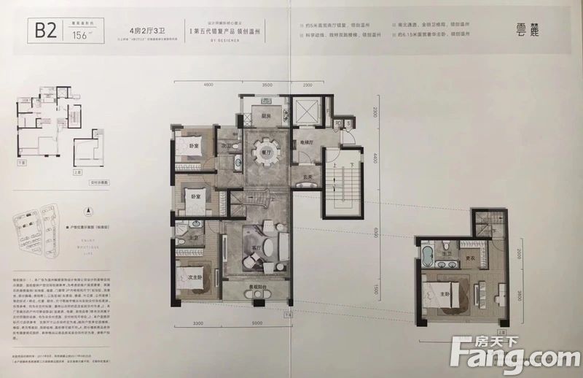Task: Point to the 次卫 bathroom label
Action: pyautogui.click(x=226, y=145)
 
